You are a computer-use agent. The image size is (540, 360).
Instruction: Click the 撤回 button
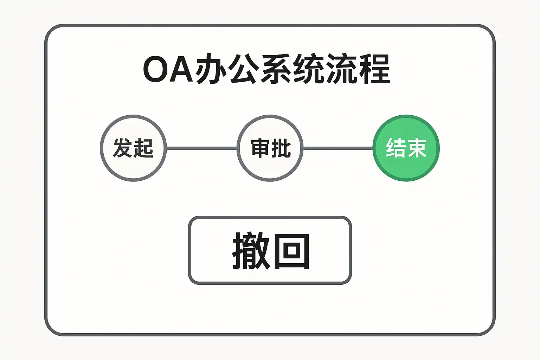tap(270, 250)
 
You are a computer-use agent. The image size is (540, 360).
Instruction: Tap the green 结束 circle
tap(406, 148)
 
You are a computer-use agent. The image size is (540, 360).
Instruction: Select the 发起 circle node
tap(133, 148)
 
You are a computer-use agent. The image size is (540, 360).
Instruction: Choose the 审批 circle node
tap(270, 148)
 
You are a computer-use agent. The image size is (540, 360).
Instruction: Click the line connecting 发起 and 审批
tap(201, 148)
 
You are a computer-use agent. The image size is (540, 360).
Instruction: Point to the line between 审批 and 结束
tap(338, 148)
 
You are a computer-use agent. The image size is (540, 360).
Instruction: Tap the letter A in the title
tap(182, 69)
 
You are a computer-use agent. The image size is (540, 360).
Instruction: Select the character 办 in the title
tap(210, 69)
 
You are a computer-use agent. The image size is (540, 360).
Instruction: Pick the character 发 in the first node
tap(123, 148)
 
